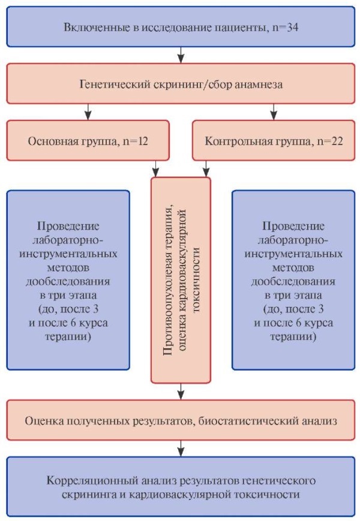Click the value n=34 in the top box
285,27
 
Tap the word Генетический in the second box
115,84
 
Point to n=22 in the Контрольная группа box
330,141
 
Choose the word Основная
50,141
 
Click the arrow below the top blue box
181,55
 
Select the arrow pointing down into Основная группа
88,112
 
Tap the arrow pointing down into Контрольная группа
274,112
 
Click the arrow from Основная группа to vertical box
155,169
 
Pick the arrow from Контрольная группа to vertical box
206,169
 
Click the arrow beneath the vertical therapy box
181,391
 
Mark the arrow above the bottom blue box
181,448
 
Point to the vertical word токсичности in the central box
196,279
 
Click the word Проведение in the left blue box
68,226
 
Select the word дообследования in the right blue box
293,281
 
